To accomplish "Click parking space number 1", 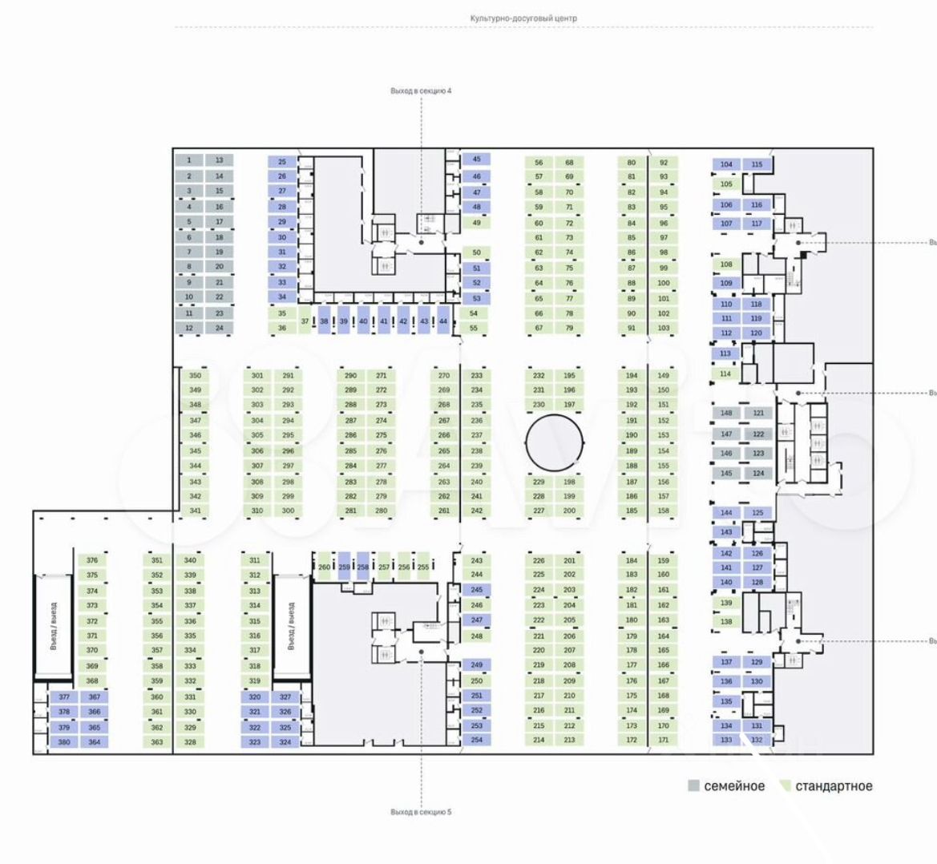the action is tap(189, 160).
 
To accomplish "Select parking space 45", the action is tap(476, 159).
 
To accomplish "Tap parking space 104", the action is tap(726, 164).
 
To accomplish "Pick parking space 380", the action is tap(64, 742).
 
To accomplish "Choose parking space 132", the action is tap(757, 740).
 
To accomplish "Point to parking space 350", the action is tap(195, 375).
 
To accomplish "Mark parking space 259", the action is tap(344, 567).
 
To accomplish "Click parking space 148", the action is tap(726, 413).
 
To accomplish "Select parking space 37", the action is tap(305, 321).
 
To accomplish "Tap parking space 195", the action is tap(569, 375).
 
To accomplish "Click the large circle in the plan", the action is tap(554, 442).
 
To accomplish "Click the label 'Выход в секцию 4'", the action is tap(421, 91).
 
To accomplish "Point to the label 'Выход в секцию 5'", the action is tap(421, 812).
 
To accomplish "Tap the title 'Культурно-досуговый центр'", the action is tap(523, 18).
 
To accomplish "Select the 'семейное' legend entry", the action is tap(727, 786).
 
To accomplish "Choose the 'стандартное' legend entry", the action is tap(826, 786).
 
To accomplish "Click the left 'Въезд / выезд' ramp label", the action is tap(53, 625).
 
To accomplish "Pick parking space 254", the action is tap(477, 740).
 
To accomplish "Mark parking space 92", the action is tap(664, 162).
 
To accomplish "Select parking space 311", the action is tap(255, 560).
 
